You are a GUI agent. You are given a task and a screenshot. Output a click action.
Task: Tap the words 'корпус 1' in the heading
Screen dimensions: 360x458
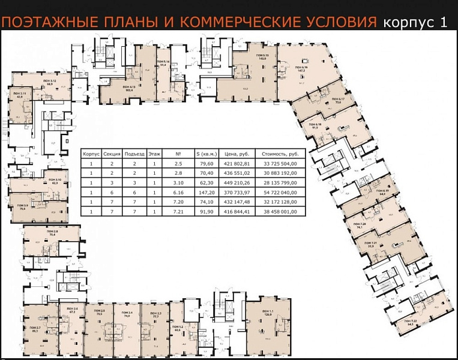(x=415, y=23)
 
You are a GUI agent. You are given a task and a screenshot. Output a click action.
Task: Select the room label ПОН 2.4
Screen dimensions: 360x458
(x=127, y=313)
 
